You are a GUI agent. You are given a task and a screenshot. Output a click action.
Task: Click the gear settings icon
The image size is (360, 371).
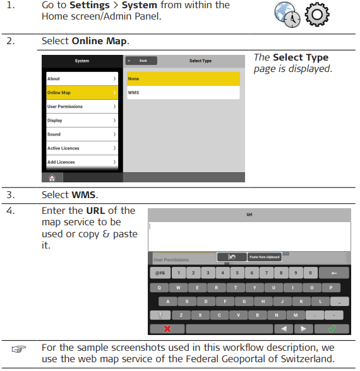click(317, 15)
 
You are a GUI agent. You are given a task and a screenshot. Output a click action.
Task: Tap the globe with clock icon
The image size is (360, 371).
click(287, 15)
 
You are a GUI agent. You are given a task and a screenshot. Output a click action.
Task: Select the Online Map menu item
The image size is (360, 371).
click(82, 93)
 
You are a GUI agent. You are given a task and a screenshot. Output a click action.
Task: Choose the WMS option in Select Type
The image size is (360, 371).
click(183, 93)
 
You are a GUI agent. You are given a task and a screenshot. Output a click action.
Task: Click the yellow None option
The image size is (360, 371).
click(183, 79)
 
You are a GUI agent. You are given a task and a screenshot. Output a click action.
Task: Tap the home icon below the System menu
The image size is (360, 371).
click(52, 177)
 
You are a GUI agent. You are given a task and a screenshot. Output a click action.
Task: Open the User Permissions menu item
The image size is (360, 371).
click(82, 107)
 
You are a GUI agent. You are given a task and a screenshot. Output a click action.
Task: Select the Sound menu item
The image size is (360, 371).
click(82, 134)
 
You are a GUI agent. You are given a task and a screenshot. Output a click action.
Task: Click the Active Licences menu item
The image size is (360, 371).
click(82, 148)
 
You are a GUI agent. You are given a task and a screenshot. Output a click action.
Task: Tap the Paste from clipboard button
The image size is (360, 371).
click(265, 257)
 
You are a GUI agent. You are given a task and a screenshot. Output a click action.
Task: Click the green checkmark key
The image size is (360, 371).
click(332, 329)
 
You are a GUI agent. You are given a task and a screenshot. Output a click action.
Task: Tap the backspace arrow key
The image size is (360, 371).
click(333, 273)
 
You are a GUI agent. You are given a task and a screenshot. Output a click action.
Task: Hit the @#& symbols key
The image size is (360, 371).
click(160, 273)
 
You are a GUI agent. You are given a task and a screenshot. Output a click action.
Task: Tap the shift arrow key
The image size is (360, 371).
click(160, 315)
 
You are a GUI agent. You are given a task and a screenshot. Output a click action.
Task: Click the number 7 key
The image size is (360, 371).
click(267, 273)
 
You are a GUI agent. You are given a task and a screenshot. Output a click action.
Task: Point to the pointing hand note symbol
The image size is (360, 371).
click(19, 350)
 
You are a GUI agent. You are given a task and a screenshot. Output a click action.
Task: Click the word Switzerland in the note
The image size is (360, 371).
click(308, 359)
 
